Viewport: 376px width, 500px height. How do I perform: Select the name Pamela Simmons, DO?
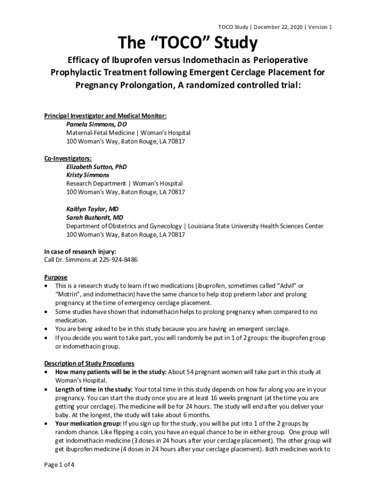coord(97,124)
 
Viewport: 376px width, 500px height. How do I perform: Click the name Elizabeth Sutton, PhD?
coord(97,167)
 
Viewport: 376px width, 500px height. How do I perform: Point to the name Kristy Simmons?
coord(88,175)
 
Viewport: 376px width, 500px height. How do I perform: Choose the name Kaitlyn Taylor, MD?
coord(92,209)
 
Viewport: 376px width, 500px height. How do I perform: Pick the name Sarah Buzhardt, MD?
coord(95,217)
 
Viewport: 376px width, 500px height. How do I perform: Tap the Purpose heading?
coord(56,277)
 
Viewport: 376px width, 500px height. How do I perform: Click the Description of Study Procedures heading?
coord(89,363)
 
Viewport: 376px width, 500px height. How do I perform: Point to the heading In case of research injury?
coord(80,251)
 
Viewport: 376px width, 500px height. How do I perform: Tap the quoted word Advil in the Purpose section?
coord(286,285)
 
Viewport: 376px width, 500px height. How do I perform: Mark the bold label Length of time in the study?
coord(94,389)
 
